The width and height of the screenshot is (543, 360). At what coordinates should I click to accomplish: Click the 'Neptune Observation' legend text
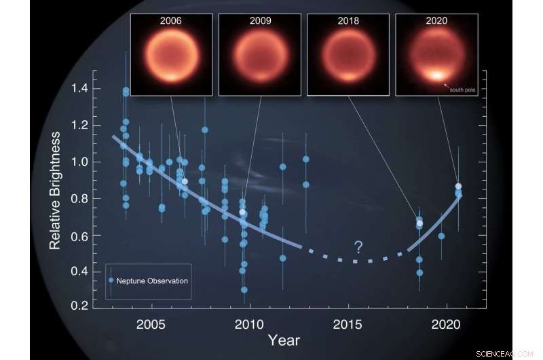point(151,281)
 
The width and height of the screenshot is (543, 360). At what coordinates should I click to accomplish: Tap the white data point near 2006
point(185,181)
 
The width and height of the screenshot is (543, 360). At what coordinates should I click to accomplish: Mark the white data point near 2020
point(458,186)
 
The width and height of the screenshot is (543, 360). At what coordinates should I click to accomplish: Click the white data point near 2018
point(419,223)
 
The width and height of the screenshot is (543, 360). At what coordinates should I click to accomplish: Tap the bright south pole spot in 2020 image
point(435,75)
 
